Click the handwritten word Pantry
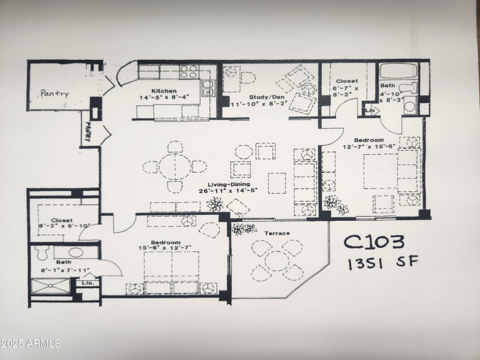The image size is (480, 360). point(55,94)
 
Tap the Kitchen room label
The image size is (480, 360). point(163,91)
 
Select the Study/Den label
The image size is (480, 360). point(266,97)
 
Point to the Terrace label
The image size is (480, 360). point(277,233)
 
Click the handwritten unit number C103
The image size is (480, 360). point(374,242)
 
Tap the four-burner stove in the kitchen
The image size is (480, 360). point(189,72)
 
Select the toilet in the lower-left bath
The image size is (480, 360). point(41,252)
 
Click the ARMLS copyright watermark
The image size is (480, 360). point(31,344)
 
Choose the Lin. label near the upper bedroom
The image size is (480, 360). point(370,110)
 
